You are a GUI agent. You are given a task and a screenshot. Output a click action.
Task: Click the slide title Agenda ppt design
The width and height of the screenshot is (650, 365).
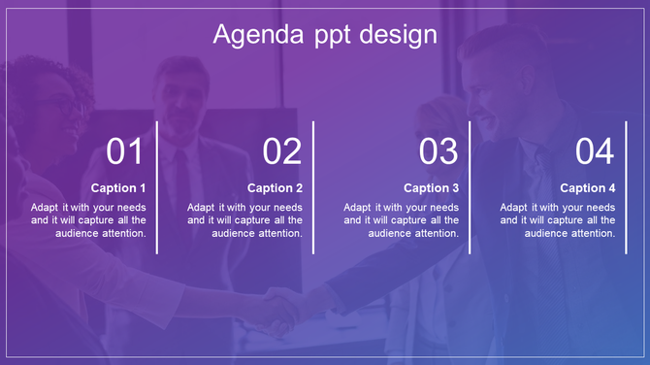coord(324,35)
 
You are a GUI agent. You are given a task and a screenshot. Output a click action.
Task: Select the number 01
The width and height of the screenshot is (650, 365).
coord(125,151)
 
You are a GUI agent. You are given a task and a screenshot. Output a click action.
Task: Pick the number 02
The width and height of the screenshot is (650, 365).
coord(282,151)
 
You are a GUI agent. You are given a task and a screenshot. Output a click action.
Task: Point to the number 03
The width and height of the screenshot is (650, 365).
coord(439,151)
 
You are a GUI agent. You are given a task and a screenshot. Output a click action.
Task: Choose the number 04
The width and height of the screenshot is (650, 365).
coord(595,151)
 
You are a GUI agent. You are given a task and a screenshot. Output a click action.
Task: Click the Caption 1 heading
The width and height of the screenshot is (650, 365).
coord(118,188)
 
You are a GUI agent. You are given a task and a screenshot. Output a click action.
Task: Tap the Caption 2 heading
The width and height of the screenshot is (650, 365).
coord(276,188)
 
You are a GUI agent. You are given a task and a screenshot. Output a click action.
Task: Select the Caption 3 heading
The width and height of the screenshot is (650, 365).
coord(432,188)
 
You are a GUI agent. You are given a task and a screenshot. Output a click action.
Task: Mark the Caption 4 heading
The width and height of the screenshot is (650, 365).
coord(588,188)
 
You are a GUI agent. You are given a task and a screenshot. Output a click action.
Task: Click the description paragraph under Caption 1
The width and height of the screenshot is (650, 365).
coord(89,220)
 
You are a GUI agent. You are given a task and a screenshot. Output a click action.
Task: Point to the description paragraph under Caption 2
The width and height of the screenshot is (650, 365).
coord(245,220)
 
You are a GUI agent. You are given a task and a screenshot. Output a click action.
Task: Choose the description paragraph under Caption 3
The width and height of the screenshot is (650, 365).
coord(402,220)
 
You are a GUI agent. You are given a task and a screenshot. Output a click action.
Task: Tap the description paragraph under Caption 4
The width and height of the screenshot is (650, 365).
coord(558,220)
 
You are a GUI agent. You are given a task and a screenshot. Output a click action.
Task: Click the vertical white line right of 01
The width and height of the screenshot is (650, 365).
coord(157,187)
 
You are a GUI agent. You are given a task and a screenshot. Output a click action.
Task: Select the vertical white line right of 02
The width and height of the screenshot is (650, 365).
coord(313,187)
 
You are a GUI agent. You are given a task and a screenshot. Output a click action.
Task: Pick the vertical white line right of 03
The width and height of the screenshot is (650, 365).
coord(471,187)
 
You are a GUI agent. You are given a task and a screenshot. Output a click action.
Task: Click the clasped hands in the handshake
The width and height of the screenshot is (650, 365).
coord(281,309)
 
